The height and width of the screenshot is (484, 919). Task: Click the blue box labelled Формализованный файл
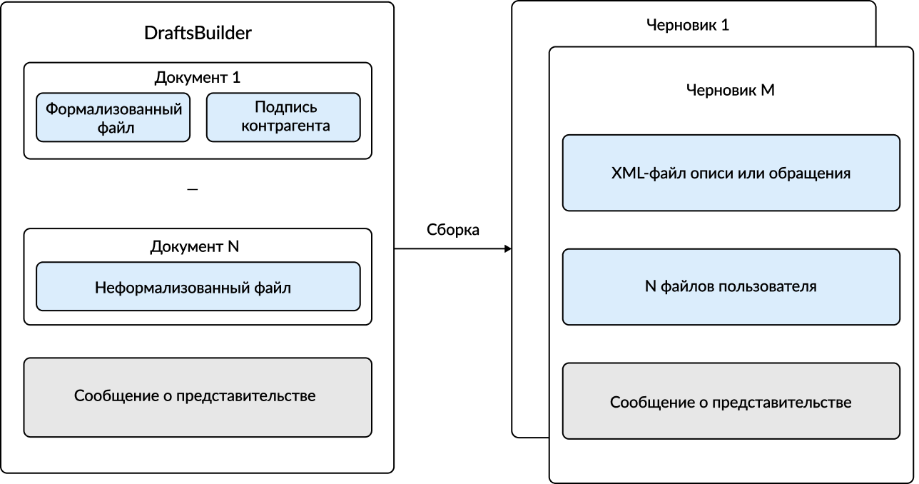click(x=113, y=117)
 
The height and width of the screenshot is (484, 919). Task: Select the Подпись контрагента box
click(x=283, y=117)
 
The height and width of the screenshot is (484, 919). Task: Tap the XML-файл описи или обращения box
click(x=731, y=173)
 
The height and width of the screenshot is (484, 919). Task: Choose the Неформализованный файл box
click(x=198, y=286)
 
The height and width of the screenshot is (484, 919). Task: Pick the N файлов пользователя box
click(x=731, y=287)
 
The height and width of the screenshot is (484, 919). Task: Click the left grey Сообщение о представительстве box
click(x=198, y=397)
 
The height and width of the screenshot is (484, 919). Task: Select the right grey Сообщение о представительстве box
click(x=731, y=401)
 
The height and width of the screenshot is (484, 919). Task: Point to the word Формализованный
click(x=114, y=109)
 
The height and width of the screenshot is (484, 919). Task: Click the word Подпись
click(x=285, y=107)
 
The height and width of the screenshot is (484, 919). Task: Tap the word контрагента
click(x=285, y=126)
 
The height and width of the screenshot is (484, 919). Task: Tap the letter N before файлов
click(x=650, y=287)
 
